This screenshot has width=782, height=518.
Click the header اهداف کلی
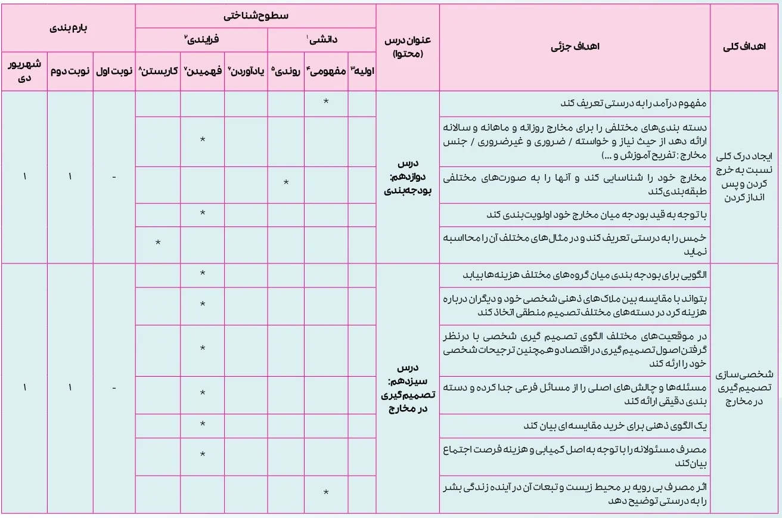745,48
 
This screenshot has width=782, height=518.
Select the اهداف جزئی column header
575,48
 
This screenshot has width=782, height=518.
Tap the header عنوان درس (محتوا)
408,48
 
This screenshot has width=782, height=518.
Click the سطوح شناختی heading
256,16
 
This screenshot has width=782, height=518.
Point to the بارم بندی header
67,28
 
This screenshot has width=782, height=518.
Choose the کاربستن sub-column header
158,70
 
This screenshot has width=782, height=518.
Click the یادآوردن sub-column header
246,70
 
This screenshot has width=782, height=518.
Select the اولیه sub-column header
362,70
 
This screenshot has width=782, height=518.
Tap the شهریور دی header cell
24,70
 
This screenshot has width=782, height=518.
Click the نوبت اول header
114,70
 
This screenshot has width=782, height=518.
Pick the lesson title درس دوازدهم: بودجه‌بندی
408,177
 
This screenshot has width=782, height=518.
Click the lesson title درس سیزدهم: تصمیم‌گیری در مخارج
408,387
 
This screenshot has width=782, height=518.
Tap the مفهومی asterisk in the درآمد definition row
326,102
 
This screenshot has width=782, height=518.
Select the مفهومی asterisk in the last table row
326,492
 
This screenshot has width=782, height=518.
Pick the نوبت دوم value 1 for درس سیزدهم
70,387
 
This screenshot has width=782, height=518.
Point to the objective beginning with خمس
575,244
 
